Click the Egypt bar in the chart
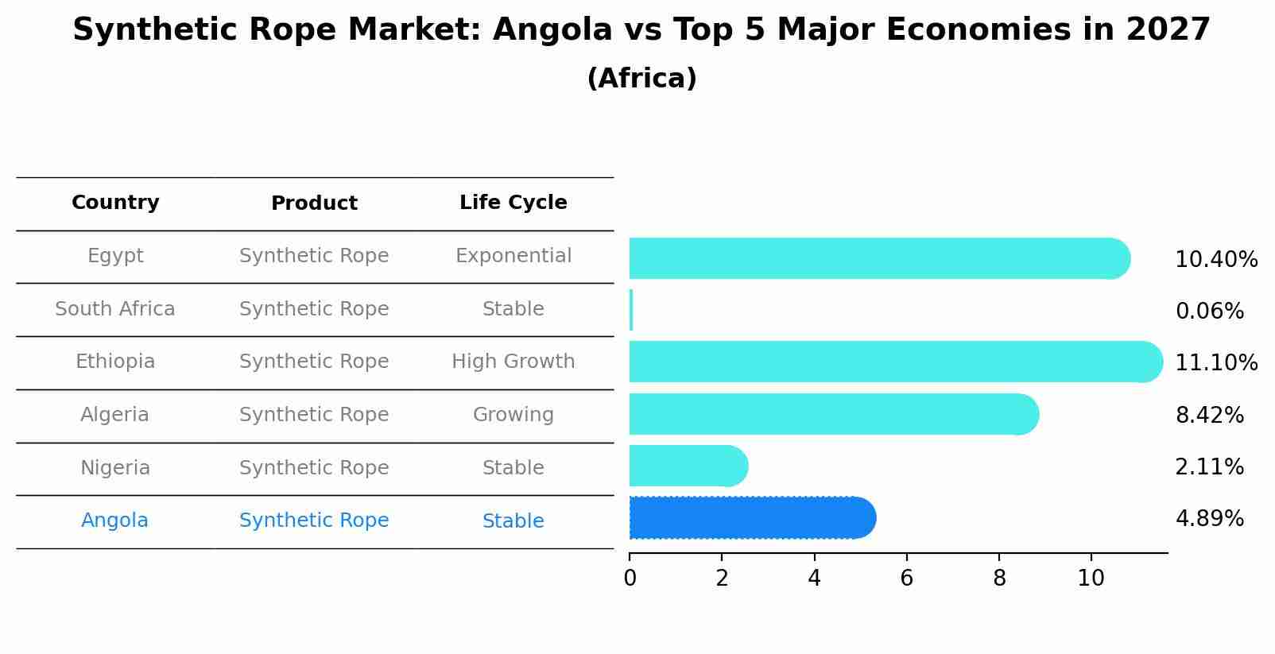(878, 258)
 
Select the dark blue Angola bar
(751, 518)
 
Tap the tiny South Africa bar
(631, 310)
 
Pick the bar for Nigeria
(688, 466)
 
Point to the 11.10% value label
(1215, 363)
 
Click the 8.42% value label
(1209, 415)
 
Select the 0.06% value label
(1209, 312)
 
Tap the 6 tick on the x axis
(906, 579)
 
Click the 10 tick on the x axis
(1091, 579)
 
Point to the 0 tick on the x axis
(630, 579)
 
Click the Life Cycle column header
(513, 203)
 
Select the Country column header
(115, 203)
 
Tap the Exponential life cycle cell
(513, 256)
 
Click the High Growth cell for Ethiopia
(513, 362)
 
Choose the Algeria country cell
(114, 415)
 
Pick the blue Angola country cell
(114, 520)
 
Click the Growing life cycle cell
(513, 415)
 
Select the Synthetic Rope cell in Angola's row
(314, 520)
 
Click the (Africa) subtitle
(641, 79)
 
